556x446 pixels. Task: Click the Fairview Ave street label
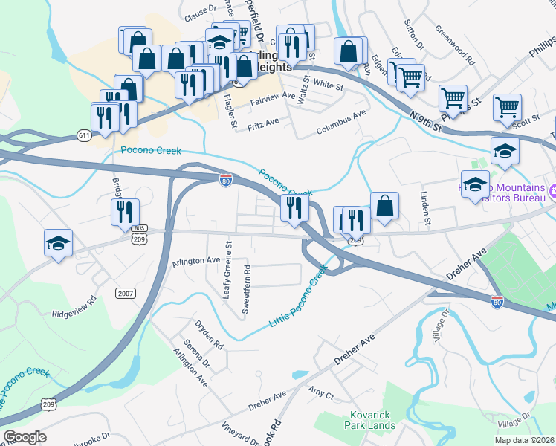pyautogui.click(x=274, y=97)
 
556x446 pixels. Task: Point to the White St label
pyautogui.click(x=327, y=85)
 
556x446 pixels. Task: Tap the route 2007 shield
pyautogui.click(x=126, y=294)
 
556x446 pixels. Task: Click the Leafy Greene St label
pyautogui.click(x=227, y=268)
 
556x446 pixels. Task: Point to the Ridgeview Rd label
pyautogui.click(x=74, y=308)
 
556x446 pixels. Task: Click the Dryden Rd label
pyautogui.click(x=209, y=335)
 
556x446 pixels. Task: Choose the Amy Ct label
pyautogui.click(x=320, y=392)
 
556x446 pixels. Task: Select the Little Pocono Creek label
pyautogui.click(x=298, y=298)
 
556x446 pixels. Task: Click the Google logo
pyautogui.click(x=25, y=437)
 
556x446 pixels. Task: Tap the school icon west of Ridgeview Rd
pyautogui.click(x=58, y=242)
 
